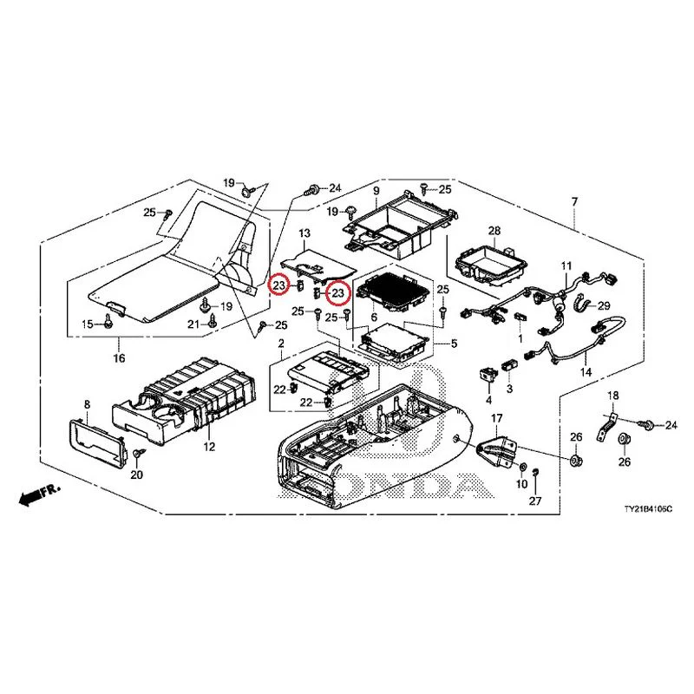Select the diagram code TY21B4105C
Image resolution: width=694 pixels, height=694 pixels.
(648, 509)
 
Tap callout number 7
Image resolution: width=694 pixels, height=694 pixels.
(574, 202)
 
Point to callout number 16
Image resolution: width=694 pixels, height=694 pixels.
(119, 357)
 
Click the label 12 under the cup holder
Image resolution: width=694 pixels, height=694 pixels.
(209, 447)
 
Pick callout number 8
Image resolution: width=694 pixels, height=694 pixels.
(88, 404)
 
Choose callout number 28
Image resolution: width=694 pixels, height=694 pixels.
(494, 231)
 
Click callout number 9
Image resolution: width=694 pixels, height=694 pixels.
(376, 191)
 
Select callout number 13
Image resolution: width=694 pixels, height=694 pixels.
(305, 233)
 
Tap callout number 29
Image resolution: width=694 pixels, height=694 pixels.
(604, 306)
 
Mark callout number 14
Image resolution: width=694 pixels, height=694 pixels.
(586, 372)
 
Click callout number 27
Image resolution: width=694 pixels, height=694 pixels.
(535, 501)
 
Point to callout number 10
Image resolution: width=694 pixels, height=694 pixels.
(522, 484)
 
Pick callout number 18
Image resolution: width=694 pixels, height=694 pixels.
(613, 396)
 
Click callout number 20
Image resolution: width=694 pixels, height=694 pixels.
(137, 475)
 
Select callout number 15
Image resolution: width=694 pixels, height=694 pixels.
(88, 324)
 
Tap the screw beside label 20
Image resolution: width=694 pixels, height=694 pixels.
(139, 453)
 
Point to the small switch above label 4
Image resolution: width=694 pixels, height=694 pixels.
(488, 375)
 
